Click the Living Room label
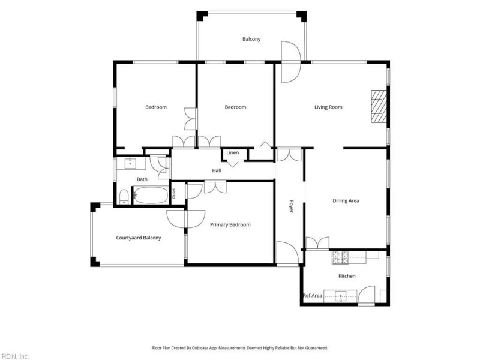(328, 107)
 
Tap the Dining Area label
(346, 201)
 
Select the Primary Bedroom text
(230, 224)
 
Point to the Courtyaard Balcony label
(139, 238)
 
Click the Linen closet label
(233, 152)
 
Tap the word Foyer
(292, 206)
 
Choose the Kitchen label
(347, 276)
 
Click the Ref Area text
(313, 295)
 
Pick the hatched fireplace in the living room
(379, 107)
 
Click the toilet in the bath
(124, 197)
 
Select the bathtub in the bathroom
(151, 196)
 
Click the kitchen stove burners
(340, 258)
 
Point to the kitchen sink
(341, 296)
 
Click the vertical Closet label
(174, 193)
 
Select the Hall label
(217, 170)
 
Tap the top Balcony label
(251, 39)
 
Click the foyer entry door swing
(287, 252)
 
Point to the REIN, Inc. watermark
(14, 356)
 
